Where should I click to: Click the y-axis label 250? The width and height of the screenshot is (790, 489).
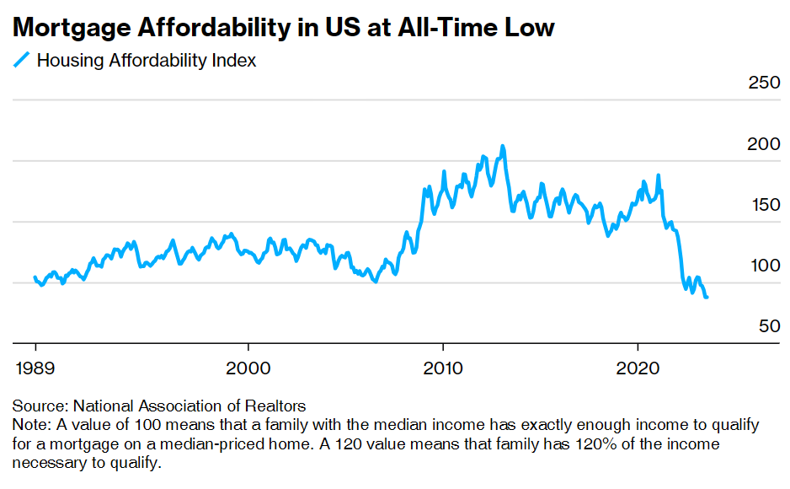click(765, 83)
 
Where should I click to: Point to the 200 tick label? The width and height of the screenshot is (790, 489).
click(765, 144)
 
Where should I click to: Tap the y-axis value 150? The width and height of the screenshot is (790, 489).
click(765, 205)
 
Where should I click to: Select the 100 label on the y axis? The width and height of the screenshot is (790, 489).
click(765, 266)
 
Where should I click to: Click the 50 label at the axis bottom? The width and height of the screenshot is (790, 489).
click(769, 326)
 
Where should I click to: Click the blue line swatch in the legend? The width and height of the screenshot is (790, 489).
click(22, 60)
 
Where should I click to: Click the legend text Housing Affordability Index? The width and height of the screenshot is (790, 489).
click(147, 61)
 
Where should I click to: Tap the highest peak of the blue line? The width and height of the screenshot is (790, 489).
click(503, 147)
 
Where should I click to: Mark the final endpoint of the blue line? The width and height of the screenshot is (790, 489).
click(706, 297)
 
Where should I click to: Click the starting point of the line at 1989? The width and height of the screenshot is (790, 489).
click(35, 277)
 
